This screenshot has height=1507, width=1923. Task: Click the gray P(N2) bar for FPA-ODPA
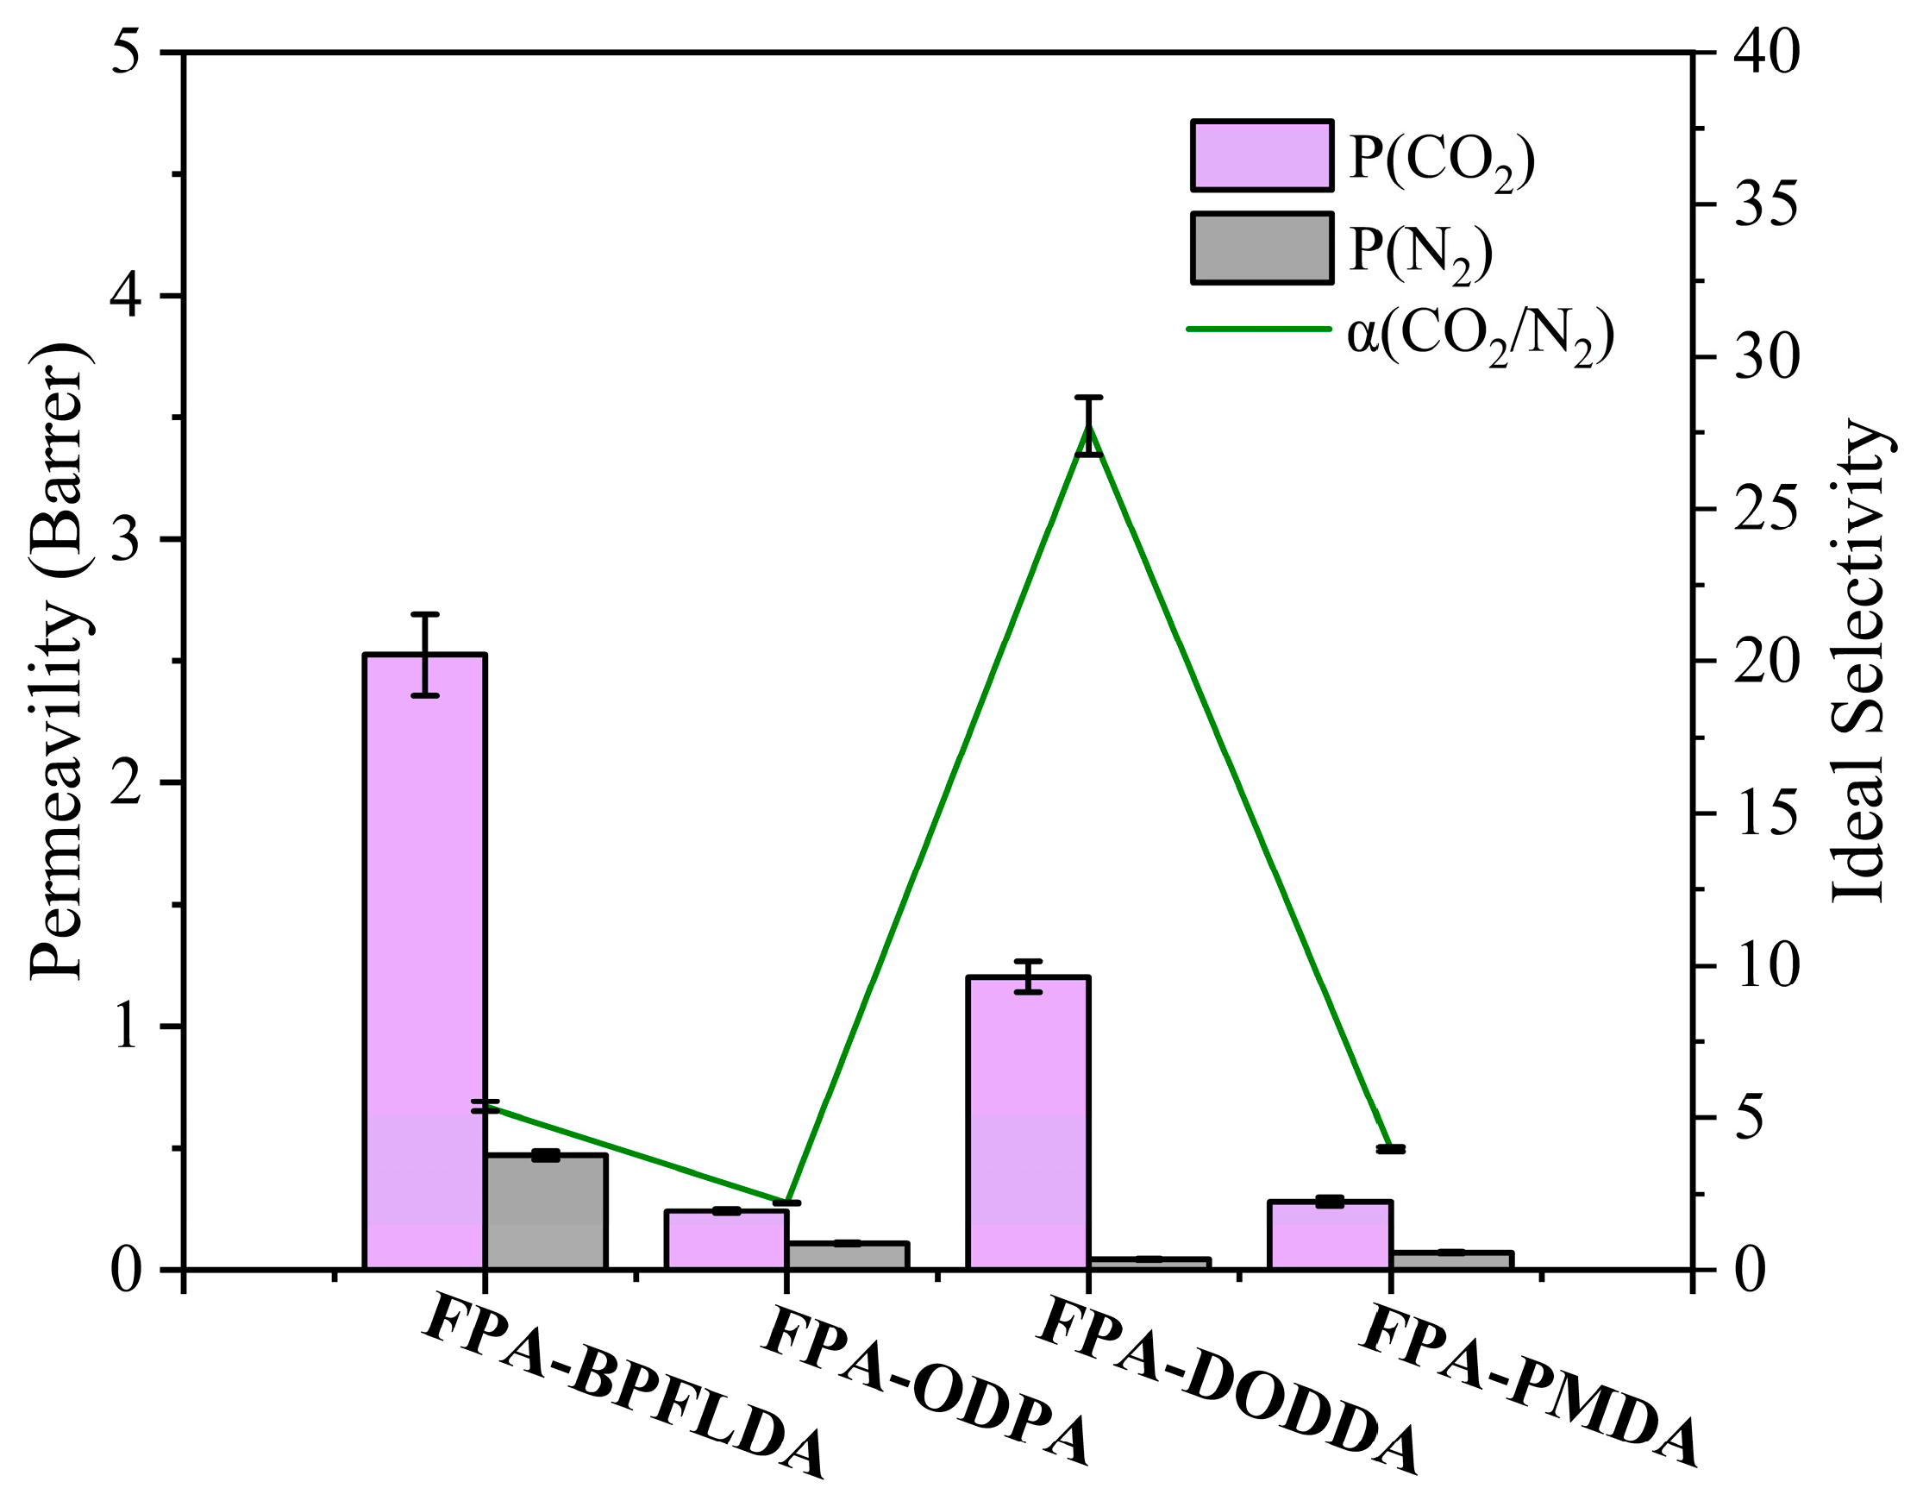[847, 1257]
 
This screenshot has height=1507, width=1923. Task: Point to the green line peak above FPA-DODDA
[1089, 425]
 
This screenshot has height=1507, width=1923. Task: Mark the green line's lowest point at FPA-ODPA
[785, 1202]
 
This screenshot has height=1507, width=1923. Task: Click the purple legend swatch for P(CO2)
[1262, 155]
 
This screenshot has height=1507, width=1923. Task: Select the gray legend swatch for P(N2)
[1262, 248]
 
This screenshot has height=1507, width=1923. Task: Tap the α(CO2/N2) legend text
[1480, 337]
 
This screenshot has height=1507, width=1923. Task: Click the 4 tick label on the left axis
[128, 297]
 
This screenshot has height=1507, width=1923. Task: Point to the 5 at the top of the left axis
[128, 53]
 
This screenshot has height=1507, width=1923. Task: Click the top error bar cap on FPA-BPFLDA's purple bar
[424, 614]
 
